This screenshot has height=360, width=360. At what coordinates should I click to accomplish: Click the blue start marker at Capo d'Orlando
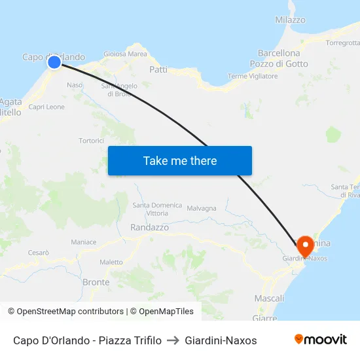(x=54, y=62)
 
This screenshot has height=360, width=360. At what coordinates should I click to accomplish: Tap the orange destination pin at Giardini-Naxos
(x=305, y=245)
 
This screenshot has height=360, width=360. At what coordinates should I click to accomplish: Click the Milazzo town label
(x=290, y=20)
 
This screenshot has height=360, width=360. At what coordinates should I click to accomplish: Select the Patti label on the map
(x=158, y=69)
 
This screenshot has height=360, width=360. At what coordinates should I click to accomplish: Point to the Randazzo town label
(x=149, y=227)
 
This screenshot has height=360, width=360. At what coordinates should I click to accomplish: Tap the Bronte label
(x=96, y=282)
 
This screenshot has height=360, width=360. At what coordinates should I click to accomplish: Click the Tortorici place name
(x=92, y=141)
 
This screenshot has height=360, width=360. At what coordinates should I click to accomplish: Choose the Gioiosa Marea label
(x=125, y=54)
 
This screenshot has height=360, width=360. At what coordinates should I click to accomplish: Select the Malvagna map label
(x=202, y=209)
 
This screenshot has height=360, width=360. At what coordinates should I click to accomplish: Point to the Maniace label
(x=84, y=242)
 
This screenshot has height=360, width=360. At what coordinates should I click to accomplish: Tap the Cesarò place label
(x=39, y=253)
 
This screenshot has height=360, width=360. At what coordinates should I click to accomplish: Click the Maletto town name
(x=111, y=262)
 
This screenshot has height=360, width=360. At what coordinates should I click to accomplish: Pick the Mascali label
(x=268, y=298)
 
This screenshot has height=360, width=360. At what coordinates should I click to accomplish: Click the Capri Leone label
(x=46, y=107)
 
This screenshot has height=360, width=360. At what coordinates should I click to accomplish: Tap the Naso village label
(x=75, y=85)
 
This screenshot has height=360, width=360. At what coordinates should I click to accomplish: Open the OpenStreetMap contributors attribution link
(x=70, y=312)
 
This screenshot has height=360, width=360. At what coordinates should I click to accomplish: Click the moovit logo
(x=320, y=340)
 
